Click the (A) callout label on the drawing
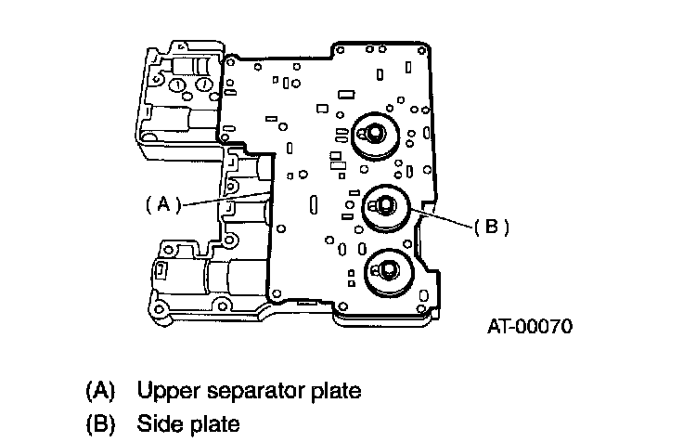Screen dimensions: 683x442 coord(163,204)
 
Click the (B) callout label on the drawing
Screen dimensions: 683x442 coord(491,227)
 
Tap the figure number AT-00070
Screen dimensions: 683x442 coord(530,326)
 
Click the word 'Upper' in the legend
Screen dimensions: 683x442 coord(169,391)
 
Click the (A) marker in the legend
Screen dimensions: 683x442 coord(100,391)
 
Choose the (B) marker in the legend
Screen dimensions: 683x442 coord(100,423)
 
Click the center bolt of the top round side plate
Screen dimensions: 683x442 coord(375,132)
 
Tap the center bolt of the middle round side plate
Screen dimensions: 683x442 coord(385,204)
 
